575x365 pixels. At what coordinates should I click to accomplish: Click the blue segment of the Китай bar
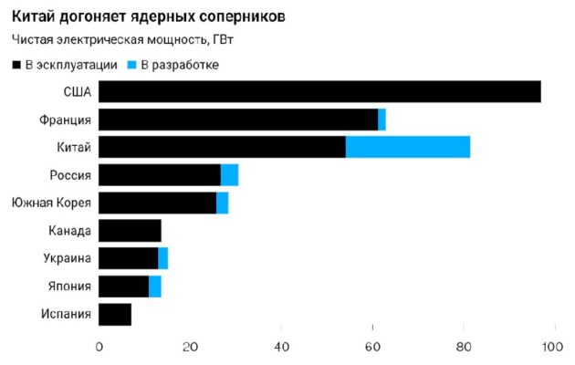408,147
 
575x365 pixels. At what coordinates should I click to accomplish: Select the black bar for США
319,91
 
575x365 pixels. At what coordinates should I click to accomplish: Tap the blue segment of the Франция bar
382,120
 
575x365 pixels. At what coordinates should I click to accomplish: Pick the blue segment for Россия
229,175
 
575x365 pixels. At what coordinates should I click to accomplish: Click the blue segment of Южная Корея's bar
222,203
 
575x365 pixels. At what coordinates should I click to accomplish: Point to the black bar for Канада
130,231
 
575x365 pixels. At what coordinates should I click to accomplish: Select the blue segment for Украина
162,258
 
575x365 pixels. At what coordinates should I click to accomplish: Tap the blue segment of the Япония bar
154,287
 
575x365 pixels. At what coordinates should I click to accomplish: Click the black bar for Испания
115,314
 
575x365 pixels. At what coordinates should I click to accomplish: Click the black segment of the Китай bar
222,147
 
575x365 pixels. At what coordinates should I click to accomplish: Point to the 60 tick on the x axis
373,346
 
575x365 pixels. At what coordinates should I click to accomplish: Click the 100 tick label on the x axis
550,346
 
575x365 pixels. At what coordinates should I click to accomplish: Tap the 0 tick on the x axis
99,346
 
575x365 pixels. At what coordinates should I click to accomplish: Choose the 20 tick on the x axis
191,346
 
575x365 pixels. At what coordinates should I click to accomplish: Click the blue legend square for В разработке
131,64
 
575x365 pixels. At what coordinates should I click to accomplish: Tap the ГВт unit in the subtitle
222,40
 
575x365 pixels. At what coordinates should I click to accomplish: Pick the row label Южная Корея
50,203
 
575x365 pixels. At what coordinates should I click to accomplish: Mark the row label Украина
67,258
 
